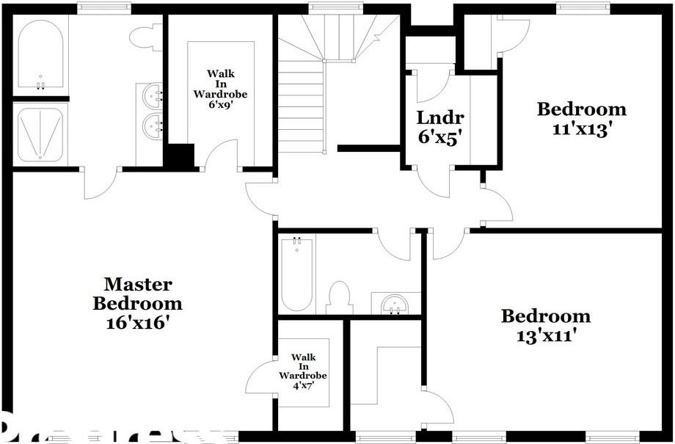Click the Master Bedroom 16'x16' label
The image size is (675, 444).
pyautogui.click(x=137, y=303)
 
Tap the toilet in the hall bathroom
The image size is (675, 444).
pyautogui.click(x=339, y=297)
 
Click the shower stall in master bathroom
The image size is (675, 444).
pyautogui.click(x=40, y=134)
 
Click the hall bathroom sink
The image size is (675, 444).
pyautogui.click(x=396, y=302)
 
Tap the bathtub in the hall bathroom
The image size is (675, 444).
pyautogui.click(x=296, y=274)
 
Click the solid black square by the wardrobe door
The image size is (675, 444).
pyautogui.click(x=178, y=156)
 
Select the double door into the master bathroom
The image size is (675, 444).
pyautogui.click(x=101, y=183)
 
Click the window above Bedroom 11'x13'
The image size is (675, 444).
pyautogui.click(x=583, y=8)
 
